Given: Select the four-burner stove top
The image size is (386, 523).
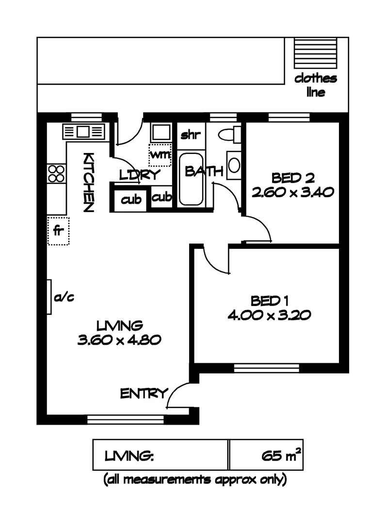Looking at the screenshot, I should pos(56,173).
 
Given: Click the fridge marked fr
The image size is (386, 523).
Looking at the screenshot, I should pos(58,231).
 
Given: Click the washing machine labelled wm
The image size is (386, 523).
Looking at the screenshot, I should pos(160,155).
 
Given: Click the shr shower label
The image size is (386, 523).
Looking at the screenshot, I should pos(190,135).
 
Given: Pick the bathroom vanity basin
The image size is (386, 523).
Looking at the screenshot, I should pos(234,165).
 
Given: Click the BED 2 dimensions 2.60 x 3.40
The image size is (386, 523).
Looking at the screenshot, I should pos(292,192).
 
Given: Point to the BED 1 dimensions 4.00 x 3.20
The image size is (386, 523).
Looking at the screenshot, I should pos(269,315).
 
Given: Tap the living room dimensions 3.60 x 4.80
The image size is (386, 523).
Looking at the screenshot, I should pos(119,339).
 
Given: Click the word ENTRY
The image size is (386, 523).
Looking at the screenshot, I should pos(144,394).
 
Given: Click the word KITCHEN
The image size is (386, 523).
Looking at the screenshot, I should pos(88,182).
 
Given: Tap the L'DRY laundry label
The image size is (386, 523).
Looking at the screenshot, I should pos(139,175).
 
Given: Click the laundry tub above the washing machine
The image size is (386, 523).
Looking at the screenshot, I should pos(160,132).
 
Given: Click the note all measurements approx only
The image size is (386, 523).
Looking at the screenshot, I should pos(195,480).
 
